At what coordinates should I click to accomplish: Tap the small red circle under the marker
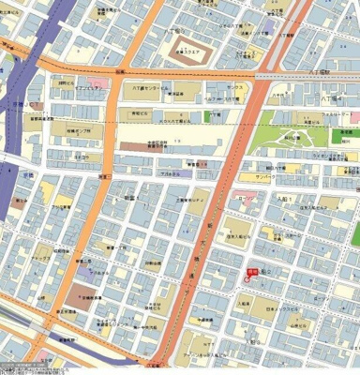[249, 280]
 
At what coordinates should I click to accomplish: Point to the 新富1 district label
[130, 198]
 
